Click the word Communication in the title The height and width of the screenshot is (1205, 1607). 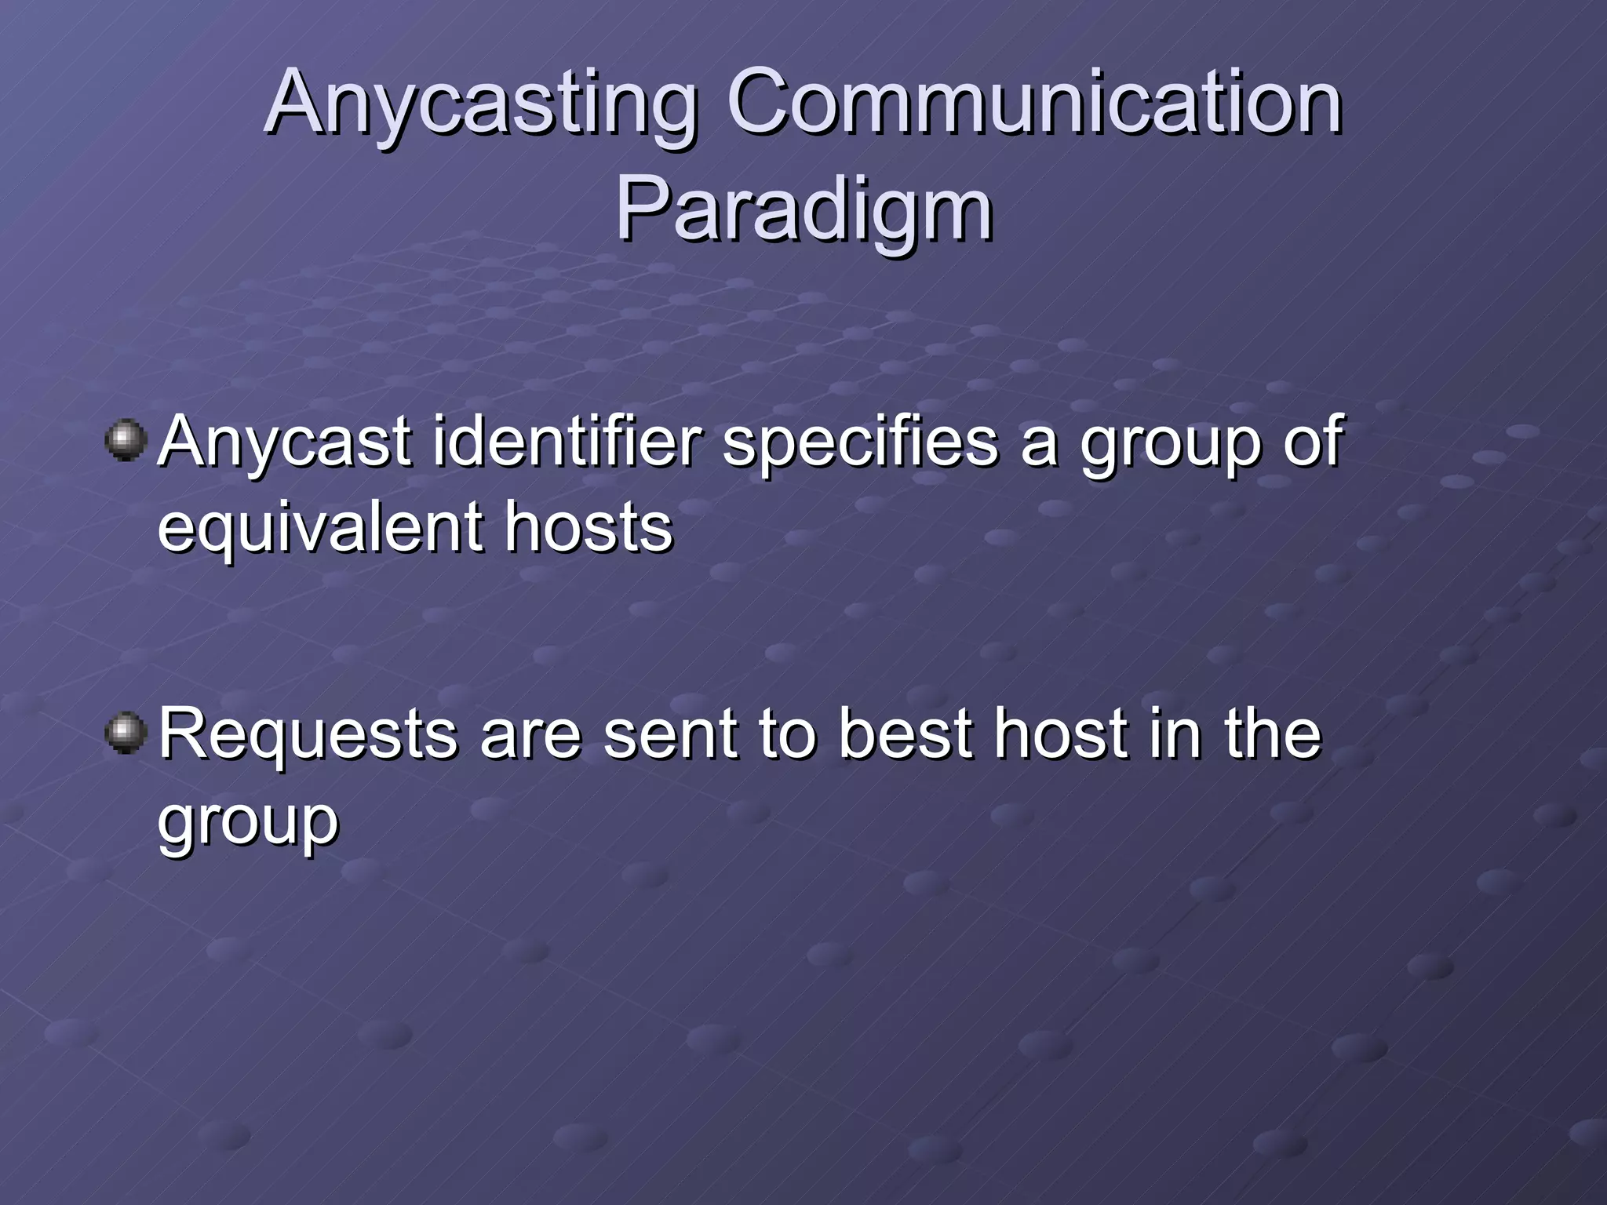[x=1034, y=104]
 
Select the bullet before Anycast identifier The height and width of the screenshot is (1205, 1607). [x=126, y=441]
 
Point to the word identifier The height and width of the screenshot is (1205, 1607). [x=566, y=442]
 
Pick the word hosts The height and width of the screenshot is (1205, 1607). [x=589, y=527]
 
